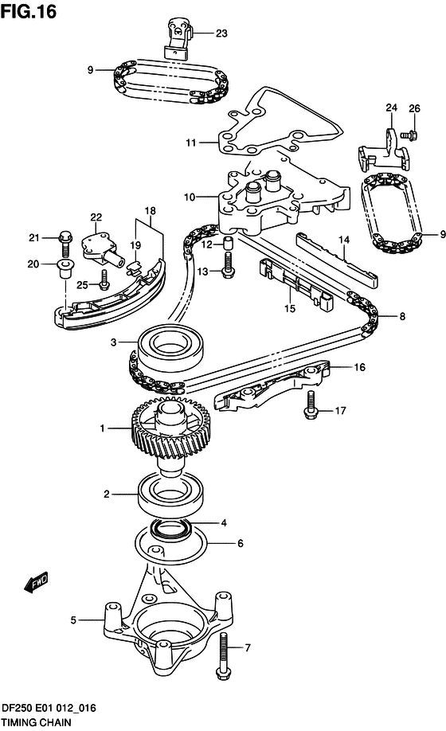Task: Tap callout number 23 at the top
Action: coord(221,33)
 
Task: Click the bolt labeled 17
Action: coord(310,410)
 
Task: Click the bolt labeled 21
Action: coord(64,237)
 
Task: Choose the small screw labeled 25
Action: coord(104,279)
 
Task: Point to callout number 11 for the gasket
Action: coord(191,143)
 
